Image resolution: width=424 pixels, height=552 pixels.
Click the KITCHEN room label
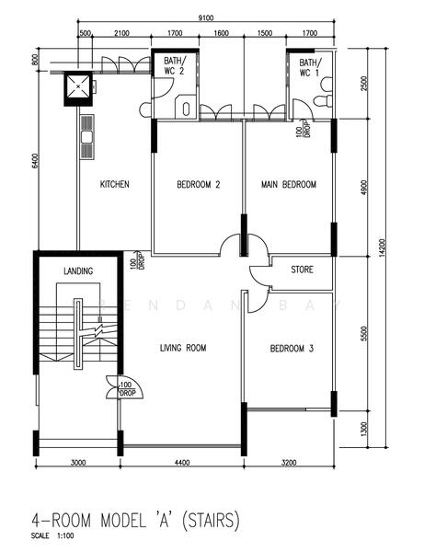coord(114,185)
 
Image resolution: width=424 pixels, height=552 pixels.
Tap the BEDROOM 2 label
coord(198,185)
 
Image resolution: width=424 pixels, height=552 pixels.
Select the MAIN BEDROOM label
coord(288,185)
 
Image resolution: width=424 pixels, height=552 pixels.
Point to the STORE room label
coord(302,270)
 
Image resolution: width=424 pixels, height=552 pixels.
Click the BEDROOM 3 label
coord(292,349)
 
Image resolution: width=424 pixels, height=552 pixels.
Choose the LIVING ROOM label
coord(183,348)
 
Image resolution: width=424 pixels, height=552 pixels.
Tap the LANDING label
coord(78,271)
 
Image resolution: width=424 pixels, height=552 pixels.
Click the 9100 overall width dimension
coord(207,17)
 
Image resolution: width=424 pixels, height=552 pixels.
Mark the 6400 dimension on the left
coord(34,161)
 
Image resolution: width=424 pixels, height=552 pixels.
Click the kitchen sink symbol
coord(87,137)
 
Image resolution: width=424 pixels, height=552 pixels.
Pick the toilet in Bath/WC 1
coord(322,99)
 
